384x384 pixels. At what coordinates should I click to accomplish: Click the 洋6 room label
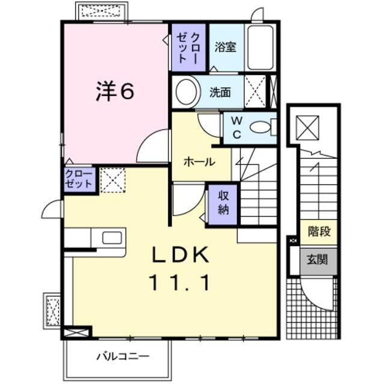point(114,91)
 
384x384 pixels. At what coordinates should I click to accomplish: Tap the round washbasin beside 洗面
point(187,92)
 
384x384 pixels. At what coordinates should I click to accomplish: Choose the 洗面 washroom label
point(220,92)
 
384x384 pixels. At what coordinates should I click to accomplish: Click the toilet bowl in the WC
point(261,127)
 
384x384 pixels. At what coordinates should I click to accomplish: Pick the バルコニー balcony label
point(123,358)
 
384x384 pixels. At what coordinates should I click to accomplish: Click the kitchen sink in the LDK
point(112,237)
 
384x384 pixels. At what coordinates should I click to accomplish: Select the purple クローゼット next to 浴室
point(188,47)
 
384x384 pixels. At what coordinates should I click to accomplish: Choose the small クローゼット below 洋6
point(80,180)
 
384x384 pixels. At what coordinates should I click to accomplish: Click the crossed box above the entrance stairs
point(310,127)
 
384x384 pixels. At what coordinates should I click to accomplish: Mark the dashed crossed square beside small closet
point(111,181)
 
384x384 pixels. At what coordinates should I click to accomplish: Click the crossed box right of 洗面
point(256,92)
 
